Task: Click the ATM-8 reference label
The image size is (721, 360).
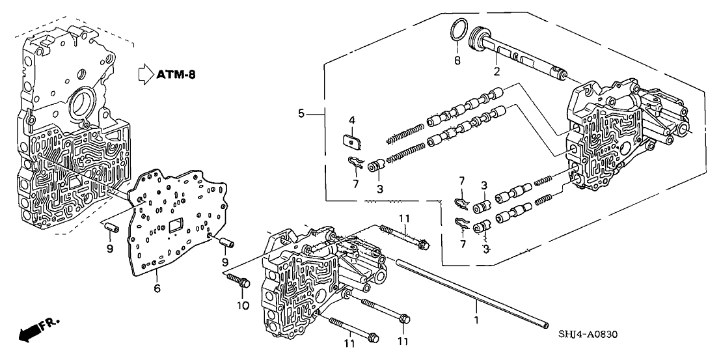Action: pyautogui.click(x=176, y=74)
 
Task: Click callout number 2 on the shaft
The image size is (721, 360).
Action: pyautogui.click(x=497, y=72)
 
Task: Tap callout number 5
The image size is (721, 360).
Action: pyautogui.click(x=301, y=113)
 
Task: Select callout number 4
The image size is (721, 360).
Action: pyautogui.click(x=351, y=120)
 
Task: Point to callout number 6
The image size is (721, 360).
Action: pyautogui.click(x=156, y=288)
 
